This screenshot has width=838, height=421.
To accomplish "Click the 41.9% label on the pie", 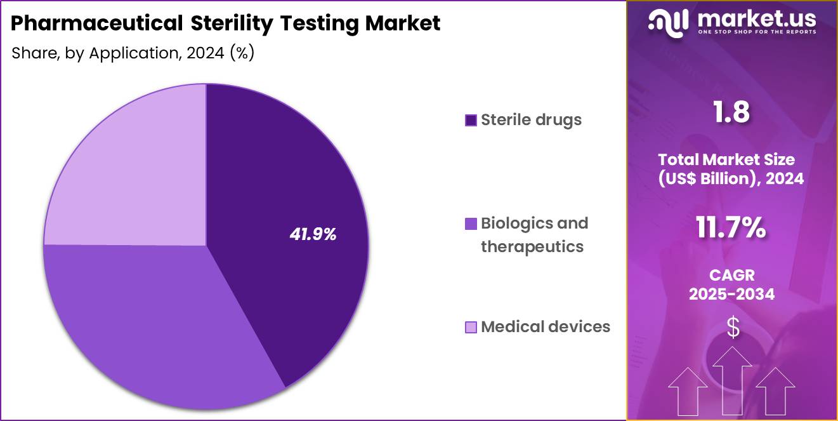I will (313, 234).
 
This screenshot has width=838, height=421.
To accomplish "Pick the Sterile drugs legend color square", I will (471, 120).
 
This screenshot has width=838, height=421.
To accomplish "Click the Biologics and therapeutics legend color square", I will (471, 224).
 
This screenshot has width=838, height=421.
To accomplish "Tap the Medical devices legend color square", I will (471, 327).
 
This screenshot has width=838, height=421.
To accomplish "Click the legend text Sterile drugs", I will (531, 119).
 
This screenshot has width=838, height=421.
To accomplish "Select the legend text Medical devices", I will (546, 326).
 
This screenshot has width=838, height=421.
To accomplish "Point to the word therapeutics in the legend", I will (532, 246).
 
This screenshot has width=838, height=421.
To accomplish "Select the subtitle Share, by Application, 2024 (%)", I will (133, 53).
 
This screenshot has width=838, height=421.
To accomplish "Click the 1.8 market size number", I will (731, 112).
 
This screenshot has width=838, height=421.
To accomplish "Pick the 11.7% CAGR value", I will (731, 228).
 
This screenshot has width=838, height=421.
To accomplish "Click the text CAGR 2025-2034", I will (731, 284).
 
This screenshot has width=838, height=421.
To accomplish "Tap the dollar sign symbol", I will (733, 328).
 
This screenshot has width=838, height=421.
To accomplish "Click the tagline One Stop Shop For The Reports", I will (756, 32).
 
